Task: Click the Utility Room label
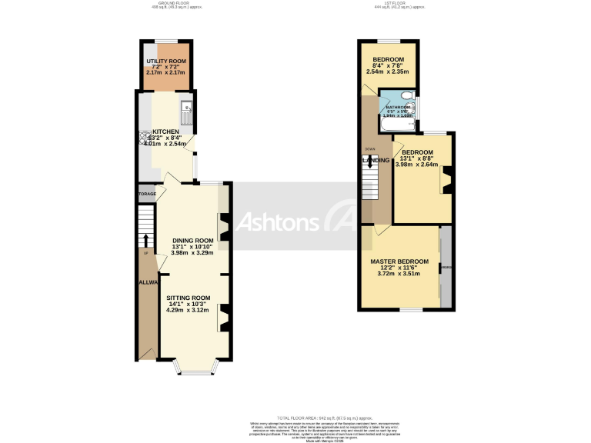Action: tap(165, 61)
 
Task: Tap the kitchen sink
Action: tap(186, 115)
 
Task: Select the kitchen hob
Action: tap(144, 138)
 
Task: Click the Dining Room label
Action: tap(192, 241)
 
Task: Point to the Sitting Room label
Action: tap(189, 298)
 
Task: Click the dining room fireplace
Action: tap(224, 228)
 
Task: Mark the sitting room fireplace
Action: tap(224, 318)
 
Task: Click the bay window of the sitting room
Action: tap(189, 370)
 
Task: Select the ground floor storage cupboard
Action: tap(147, 194)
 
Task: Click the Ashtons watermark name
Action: tap(278, 222)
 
